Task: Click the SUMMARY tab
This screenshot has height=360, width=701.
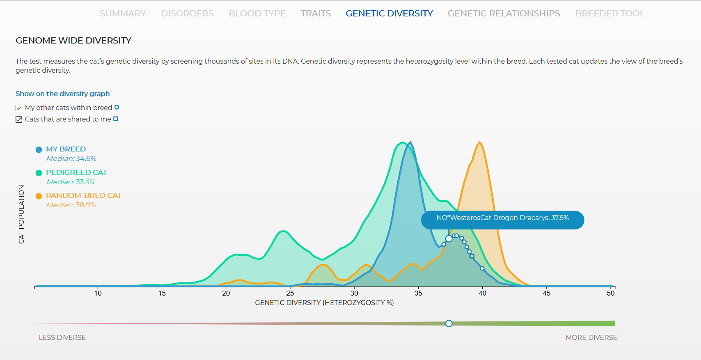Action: coord(123,14)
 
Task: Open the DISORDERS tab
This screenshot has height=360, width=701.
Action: coord(187,14)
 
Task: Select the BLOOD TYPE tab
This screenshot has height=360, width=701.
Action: coord(257,14)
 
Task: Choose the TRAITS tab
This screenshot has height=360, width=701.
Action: coord(316,14)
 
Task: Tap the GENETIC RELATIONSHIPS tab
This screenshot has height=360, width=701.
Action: coord(504,14)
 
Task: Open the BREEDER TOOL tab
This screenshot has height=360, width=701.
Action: coord(609,14)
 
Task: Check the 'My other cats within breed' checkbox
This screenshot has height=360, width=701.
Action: coord(19,108)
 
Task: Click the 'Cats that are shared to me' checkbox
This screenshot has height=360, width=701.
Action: coord(19,119)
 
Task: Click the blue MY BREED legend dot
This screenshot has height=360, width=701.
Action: coord(39,150)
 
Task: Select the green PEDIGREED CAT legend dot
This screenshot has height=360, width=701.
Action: coord(39,173)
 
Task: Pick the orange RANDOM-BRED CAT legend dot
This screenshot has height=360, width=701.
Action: coord(39,196)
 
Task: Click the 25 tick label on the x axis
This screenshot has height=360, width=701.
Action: coord(290,294)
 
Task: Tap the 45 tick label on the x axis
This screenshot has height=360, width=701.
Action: coord(546,294)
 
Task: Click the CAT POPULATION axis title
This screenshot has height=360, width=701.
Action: coord(21,214)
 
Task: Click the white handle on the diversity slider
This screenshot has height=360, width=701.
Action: coord(449,323)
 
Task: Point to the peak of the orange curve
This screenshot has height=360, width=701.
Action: coord(480,142)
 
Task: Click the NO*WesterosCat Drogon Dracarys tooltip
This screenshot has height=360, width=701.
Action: coord(503,220)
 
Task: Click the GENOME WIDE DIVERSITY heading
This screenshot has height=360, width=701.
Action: coord(73,41)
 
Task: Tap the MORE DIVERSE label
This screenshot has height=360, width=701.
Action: coord(591,337)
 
